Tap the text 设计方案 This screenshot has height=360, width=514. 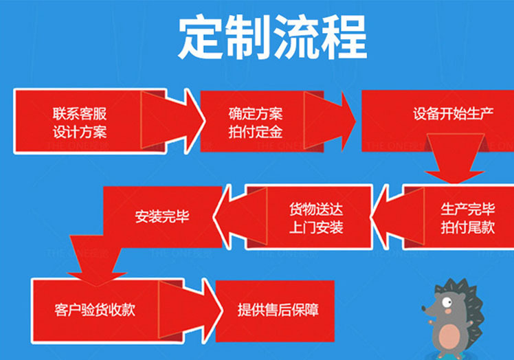pyautogui.click(x=80, y=131)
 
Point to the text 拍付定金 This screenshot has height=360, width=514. pyautogui.click(x=256, y=131)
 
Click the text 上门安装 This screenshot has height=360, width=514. pyautogui.click(x=315, y=227)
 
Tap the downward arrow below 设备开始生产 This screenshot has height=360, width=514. pyautogui.click(x=450, y=161)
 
